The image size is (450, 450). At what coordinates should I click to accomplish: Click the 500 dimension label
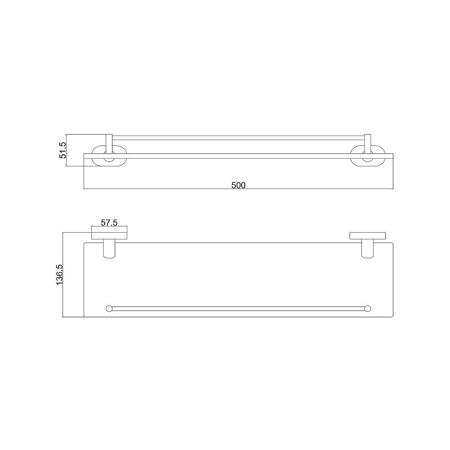click(x=238, y=184)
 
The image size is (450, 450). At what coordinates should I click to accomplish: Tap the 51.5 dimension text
click(x=63, y=150)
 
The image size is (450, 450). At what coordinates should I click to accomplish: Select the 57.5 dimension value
click(x=109, y=222)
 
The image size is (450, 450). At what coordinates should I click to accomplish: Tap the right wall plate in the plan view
click(x=368, y=235)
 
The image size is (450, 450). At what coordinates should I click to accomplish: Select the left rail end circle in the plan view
click(x=108, y=308)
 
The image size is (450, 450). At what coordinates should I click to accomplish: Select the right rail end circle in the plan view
click(x=368, y=308)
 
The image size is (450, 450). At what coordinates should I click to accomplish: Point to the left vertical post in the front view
click(x=108, y=143)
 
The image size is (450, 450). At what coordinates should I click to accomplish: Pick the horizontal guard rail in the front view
click(x=238, y=137)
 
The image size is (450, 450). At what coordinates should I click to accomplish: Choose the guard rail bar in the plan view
click(x=238, y=308)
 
